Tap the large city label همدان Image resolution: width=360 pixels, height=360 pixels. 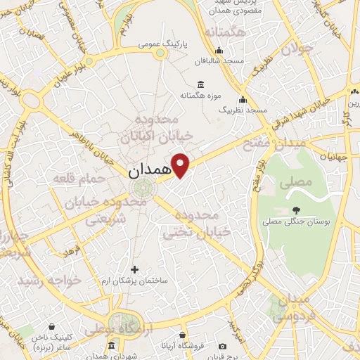151,170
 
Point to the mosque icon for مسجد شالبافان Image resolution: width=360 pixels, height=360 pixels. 219,50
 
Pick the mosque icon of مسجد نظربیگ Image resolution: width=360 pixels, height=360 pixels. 243,99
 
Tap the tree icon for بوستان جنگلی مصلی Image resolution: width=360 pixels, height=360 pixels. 296,210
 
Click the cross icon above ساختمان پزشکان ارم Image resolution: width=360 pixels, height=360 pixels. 135,269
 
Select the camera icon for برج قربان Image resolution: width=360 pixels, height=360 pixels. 223,346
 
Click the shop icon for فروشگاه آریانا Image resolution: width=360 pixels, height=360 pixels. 183,335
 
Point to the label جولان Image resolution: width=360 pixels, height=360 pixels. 295,49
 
